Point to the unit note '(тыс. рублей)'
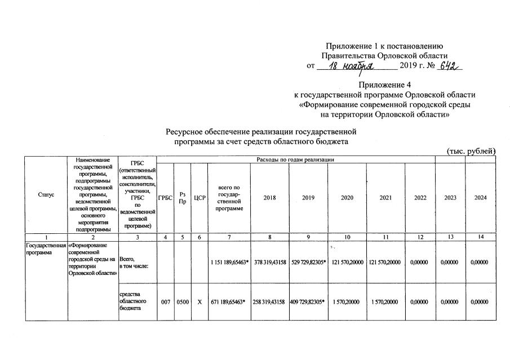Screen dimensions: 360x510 (x=471, y=151)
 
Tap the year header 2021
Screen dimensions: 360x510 (x=386, y=198)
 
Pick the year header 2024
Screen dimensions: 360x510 (x=480, y=198)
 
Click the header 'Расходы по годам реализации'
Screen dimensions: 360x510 (x=295, y=160)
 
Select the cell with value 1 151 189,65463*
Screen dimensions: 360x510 (x=229, y=263)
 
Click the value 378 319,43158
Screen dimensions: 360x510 (x=269, y=263)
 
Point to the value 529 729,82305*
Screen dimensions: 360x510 (x=308, y=263)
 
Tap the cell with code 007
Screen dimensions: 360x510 (x=165, y=302)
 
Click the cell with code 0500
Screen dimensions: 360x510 (x=182, y=302)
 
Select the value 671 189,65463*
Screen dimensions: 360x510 (x=229, y=302)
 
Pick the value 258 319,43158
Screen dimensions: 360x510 (x=269, y=302)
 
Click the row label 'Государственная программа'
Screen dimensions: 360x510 (x=46, y=250)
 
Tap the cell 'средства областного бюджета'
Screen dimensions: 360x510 (x=133, y=302)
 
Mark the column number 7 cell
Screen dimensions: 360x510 (x=229, y=237)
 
